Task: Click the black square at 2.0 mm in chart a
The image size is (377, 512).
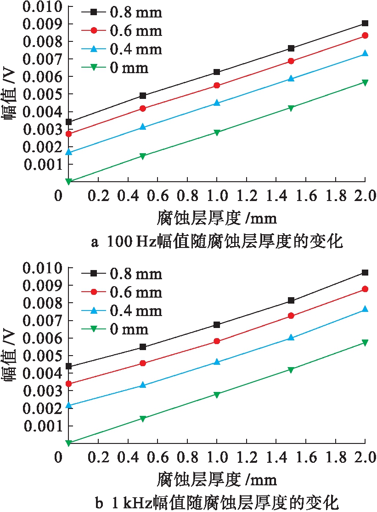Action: tap(365, 23)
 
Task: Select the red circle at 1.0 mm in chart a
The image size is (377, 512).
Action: tap(217, 86)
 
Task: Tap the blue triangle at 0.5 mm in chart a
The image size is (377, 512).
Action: tap(143, 127)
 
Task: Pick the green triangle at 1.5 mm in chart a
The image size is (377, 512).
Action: tap(291, 108)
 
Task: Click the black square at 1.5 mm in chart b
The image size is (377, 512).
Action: tap(291, 300)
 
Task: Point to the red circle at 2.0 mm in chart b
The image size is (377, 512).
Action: tap(365, 289)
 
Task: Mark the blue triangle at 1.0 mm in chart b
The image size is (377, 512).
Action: tap(217, 362)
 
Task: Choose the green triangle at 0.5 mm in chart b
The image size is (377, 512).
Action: tap(143, 419)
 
